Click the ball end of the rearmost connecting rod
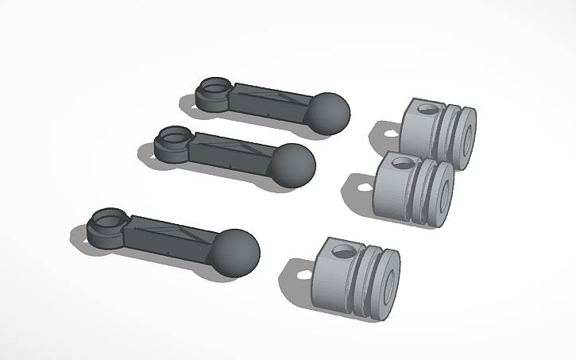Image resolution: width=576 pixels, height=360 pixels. pos(327,112)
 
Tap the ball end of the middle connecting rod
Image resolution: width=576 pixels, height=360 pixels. pos(292,165)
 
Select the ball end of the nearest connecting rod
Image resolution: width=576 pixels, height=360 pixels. pos(237,253)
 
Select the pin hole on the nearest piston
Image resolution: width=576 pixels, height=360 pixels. pos(345,252)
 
